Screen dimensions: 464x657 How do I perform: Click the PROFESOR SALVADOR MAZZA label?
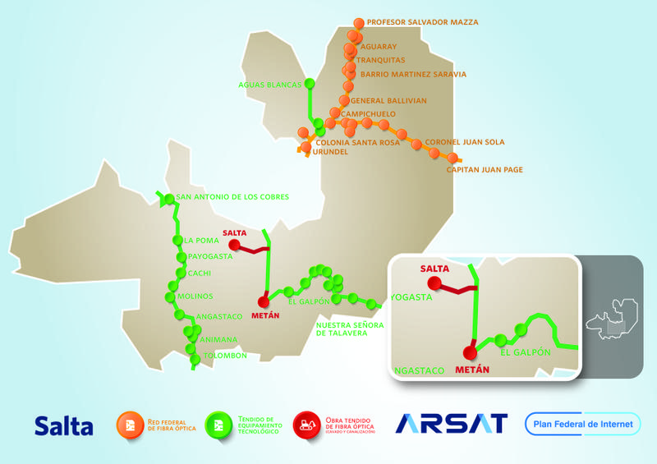(x=422, y=22)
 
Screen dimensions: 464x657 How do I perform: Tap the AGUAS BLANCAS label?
(x=269, y=84)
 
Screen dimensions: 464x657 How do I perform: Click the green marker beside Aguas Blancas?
(x=310, y=84)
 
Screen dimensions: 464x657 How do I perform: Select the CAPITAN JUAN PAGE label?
(x=485, y=170)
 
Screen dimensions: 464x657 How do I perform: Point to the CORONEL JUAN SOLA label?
(x=465, y=142)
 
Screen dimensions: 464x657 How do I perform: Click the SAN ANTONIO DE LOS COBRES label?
(x=232, y=197)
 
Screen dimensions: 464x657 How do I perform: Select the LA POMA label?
(x=201, y=241)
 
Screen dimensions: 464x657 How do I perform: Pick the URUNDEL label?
(x=332, y=152)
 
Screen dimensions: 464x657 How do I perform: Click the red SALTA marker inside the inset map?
(x=436, y=285)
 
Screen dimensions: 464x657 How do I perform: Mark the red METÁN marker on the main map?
(x=264, y=301)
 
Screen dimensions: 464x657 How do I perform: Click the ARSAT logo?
(x=452, y=424)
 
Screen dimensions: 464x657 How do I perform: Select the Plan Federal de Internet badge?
(x=583, y=424)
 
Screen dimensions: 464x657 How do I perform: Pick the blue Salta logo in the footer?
(x=63, y=425)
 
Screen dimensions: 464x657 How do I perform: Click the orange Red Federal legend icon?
(x=130, y=425)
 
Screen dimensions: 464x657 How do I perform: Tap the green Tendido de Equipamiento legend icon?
(x=218, y=425)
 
